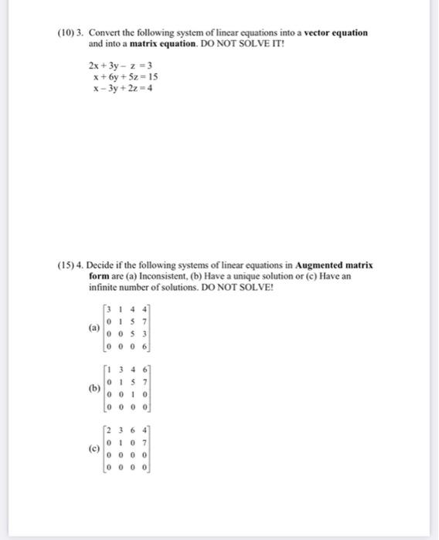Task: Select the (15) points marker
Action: click(x=67, y=265)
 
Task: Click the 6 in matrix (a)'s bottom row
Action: click(x=145, y=345)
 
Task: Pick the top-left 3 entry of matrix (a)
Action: click(x=111, y=310)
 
